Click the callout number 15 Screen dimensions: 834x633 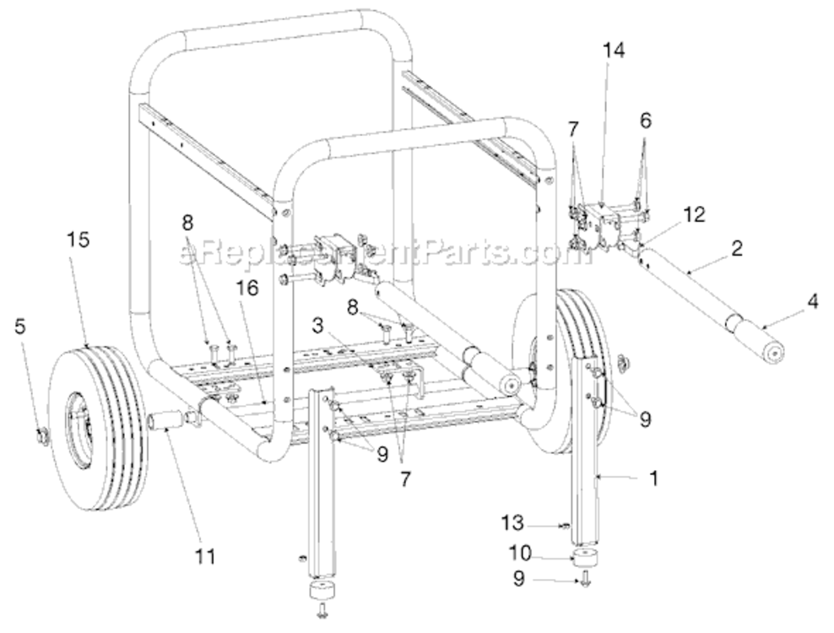79,240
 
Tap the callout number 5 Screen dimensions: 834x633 19,327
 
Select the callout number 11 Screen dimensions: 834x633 205,557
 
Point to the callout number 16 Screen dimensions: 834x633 248,289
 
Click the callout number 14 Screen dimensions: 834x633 614,50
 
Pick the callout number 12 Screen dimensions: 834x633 695,214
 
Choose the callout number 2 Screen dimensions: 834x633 737,248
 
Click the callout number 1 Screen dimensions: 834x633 654,478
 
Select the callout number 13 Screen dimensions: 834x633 512,523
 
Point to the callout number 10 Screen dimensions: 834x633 520,553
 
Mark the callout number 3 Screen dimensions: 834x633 317,326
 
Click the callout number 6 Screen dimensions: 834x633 645,121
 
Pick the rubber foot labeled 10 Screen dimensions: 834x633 584,559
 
